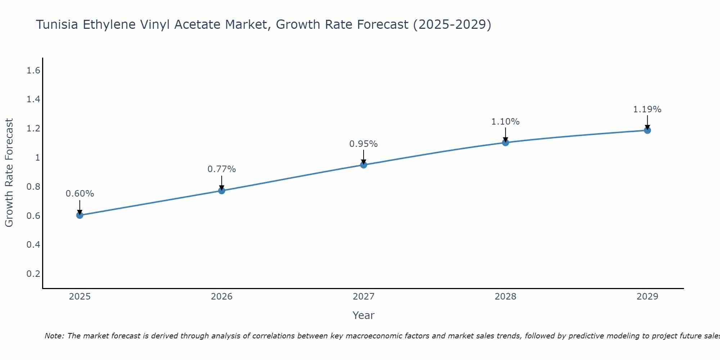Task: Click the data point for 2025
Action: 80,215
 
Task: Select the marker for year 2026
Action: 222,190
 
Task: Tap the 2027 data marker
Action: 364,165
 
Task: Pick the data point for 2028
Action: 505,143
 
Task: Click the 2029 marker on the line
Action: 647,130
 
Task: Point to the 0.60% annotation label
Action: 80,194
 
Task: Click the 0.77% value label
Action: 222,169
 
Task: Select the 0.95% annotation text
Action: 364,144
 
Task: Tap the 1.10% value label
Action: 505,122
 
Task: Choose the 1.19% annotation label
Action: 647,109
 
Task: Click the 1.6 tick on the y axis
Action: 33,71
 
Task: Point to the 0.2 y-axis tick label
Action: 33,274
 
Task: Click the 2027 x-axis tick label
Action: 364,297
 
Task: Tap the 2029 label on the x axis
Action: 647,297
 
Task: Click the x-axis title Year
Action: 364,315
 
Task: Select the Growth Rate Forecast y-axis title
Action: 9,173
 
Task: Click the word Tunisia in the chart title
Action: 58,24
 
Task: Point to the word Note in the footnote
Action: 54,336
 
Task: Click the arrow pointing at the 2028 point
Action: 505,135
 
